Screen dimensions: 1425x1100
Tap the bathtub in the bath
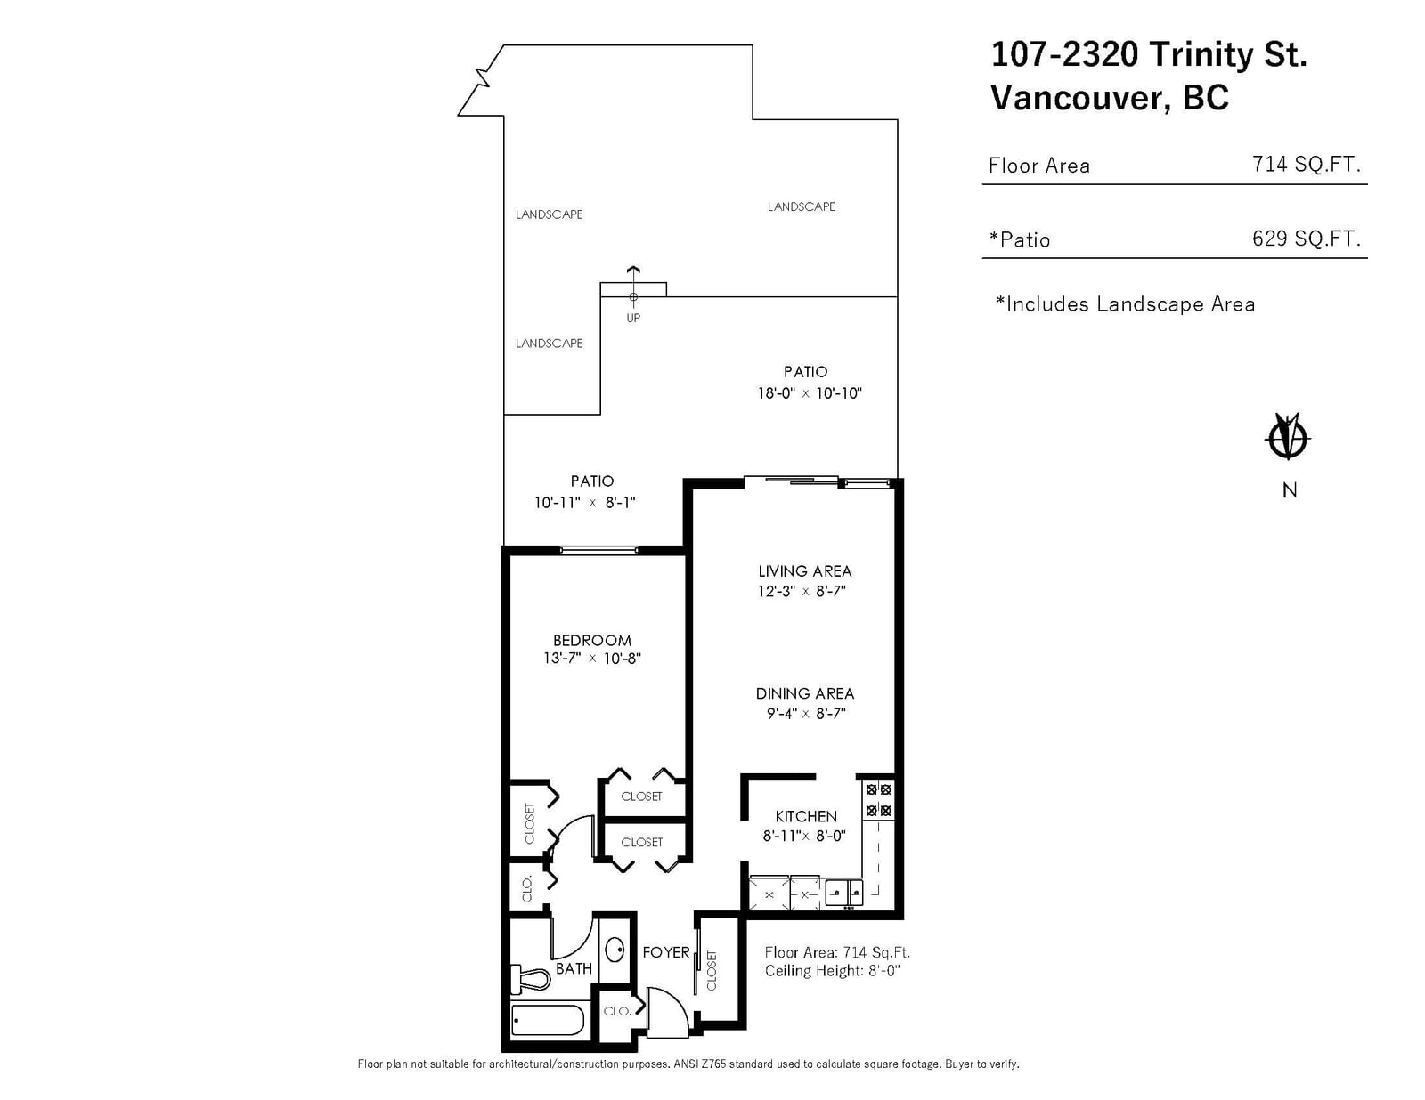click(x=547, y=1020)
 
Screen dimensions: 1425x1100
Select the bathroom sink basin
click(x=615, y=950)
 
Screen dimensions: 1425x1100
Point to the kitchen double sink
click(x=844, y=892)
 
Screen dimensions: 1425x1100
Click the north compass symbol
click(x=1287, y=436)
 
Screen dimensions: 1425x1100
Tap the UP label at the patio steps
click(x=633, y=318)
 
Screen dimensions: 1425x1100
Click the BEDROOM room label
click(x=591, y=640)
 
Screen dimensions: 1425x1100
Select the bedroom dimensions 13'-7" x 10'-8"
click(x=591, y=659)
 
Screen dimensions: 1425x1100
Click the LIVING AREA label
click(x=804, y=571)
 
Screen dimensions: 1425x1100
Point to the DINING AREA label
click(x=804, y=693)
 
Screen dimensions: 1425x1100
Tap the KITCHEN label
click(x=806, y=816)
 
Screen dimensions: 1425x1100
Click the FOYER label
click(x=665, y=952)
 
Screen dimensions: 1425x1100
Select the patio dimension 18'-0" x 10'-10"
click(x=810, y=393)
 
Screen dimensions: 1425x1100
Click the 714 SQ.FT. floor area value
click(x=1307, y=164)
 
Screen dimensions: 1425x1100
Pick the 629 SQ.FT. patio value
click(x=1307, y=238)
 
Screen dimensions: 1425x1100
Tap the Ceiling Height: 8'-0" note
click(x=832, y=971)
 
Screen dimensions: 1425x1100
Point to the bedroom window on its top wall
click(x=598, y=550)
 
